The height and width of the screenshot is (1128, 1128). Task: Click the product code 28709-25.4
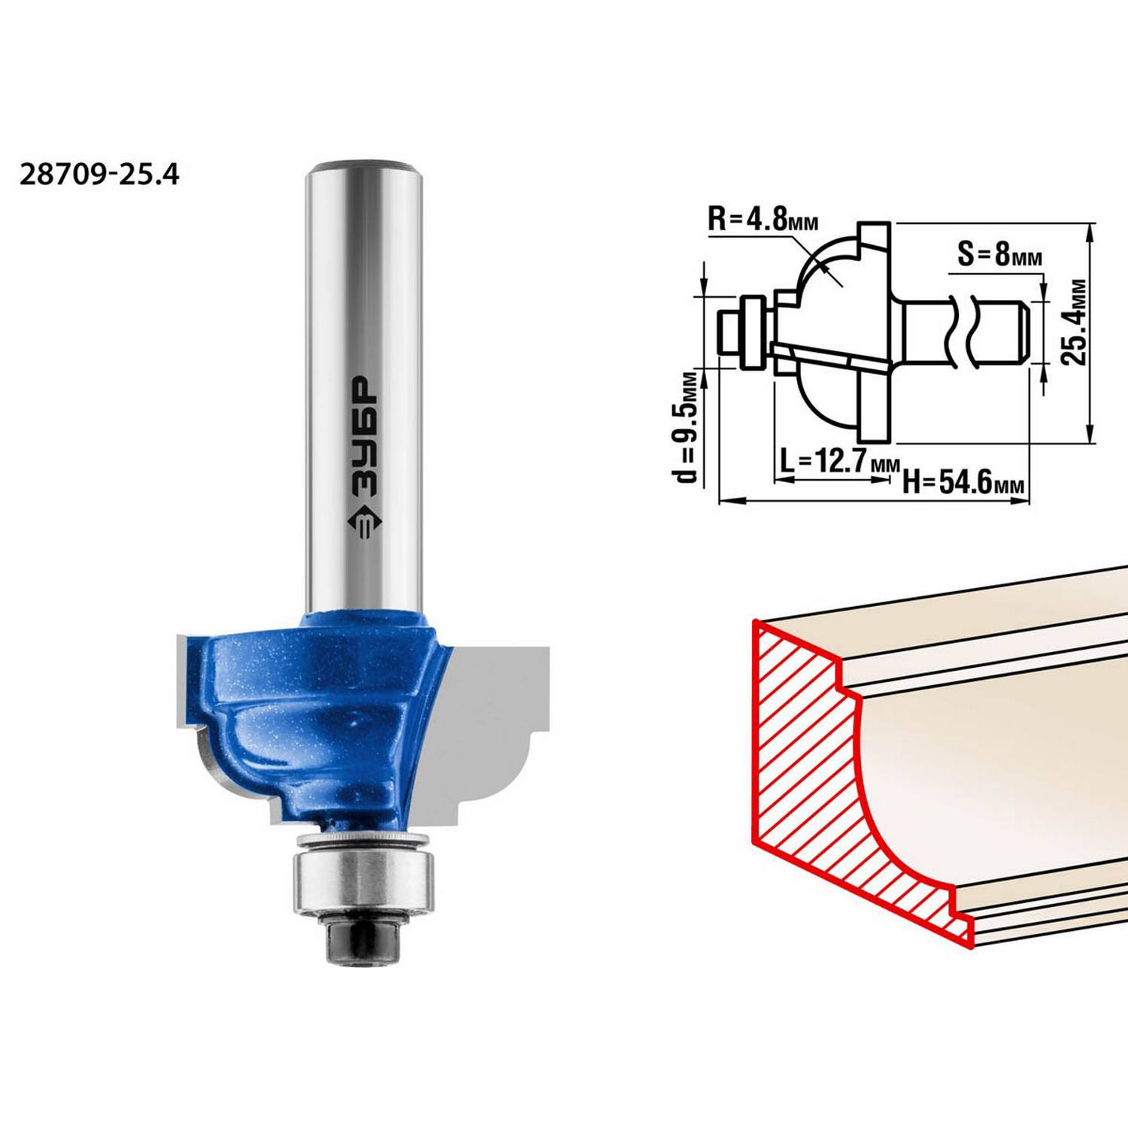click(x=99, y=174)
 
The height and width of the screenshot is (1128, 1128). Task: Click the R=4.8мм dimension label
click(x=763, y=220)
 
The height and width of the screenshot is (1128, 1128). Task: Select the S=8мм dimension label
click(x=1000, y=254)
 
